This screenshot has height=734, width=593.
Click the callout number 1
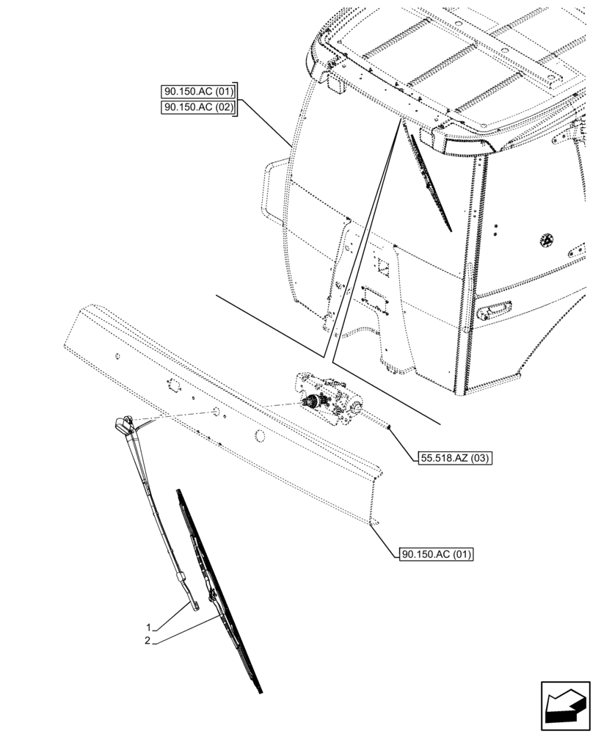148,628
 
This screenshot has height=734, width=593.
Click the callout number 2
148,641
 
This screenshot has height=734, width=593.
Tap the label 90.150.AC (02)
197,107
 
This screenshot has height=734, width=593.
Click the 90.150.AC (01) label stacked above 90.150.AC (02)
197,92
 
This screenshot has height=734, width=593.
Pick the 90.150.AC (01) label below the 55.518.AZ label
436,554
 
